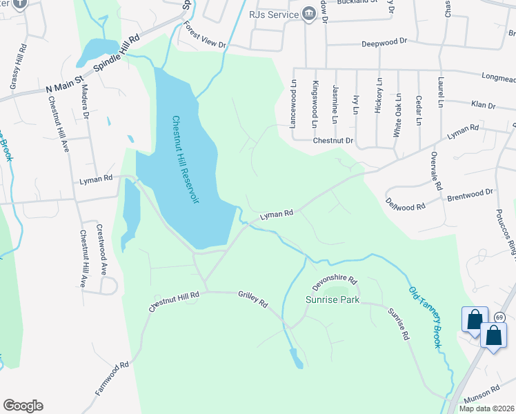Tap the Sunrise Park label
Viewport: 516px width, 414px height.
tap(333, 300)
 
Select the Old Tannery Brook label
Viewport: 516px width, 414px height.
tap(424, 317)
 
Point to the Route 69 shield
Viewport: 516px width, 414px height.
tap(500, 317)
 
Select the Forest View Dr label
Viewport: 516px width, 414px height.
tap(204, 34)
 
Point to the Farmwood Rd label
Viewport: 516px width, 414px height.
tap(112, 379)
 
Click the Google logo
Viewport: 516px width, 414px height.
tap(23, 406)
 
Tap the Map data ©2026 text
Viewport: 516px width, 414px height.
tap(486, 408)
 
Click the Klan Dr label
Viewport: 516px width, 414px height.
tap(483, 106)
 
